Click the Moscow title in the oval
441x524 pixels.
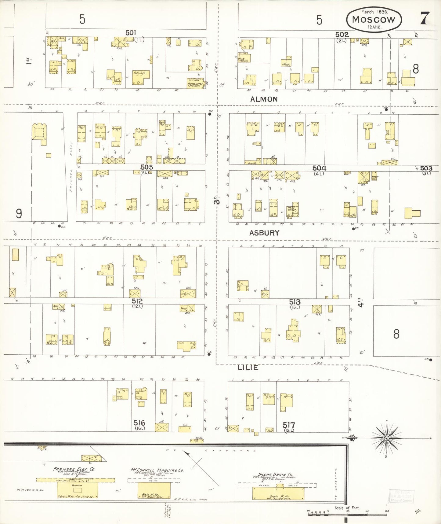[373, 19]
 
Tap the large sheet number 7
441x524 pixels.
[425, 18]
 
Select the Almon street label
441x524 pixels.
[264, 99]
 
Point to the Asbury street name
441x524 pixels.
[264, 233]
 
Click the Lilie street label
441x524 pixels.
[248, 368]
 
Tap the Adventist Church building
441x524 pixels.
[196, 83]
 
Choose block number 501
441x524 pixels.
[131, 32]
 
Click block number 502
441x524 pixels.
[342, 35]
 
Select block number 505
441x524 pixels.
[146, 167]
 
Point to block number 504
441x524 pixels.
[319, 168]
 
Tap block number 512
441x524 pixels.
[137, 301]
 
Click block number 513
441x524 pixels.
[295, 302]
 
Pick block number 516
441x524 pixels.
[139, 423]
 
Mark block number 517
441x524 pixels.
[289, 425]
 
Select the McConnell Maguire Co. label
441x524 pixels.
[157, 470]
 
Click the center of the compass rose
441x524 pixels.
[387, 438]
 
